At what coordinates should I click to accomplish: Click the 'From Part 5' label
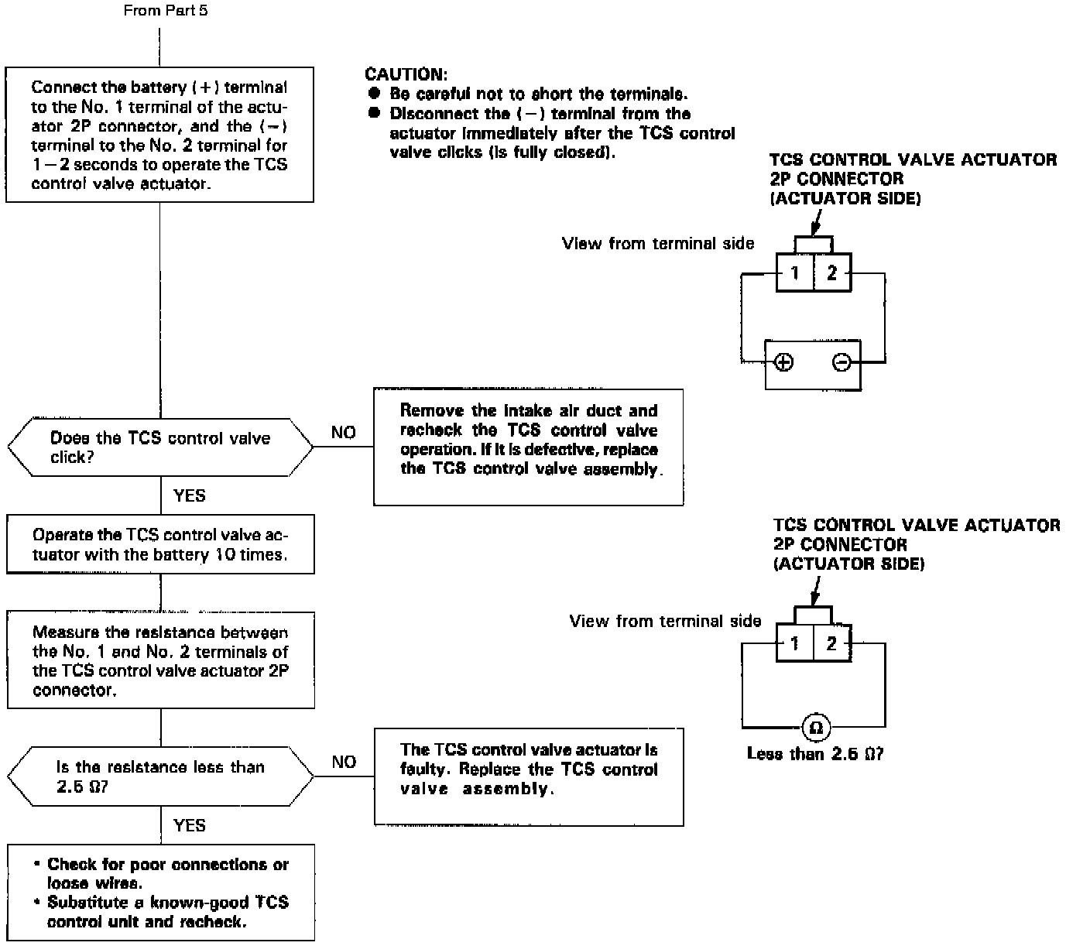click(166, 10)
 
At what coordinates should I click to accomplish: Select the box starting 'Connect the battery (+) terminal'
click(159, 135)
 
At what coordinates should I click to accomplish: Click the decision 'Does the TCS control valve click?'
click(159, 447)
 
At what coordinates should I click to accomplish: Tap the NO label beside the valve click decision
click(344, 433)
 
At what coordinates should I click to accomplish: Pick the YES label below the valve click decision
click(190, 495)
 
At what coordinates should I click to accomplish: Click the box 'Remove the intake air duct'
click(529, 447)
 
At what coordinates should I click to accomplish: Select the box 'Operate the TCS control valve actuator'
click(160, 544)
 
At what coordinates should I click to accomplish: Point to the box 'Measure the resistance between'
click(160, 660)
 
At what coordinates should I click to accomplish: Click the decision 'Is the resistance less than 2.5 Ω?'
click(159, 776)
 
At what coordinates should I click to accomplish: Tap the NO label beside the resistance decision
click(344, 763)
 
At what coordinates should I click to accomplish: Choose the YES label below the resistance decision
click(190, 825)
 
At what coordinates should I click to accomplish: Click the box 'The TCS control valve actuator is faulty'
click(529, 776)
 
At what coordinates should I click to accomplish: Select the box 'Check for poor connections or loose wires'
click(161, 893)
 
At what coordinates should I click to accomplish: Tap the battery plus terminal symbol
click(784, 362)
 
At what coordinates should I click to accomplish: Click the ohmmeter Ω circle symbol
click(815, 728)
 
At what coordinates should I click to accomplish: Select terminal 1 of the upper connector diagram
click(795, 272)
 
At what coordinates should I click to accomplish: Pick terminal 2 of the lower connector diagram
click(831, 643)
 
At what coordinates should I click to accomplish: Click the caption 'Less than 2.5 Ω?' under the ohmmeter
click(815, 753)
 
